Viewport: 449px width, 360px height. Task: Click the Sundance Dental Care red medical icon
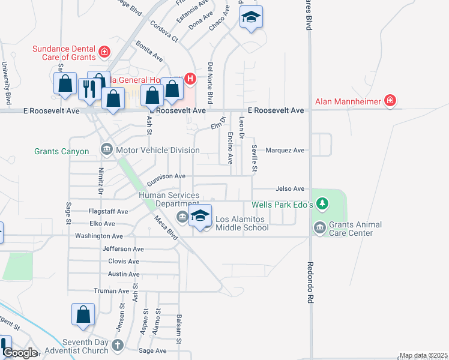104,52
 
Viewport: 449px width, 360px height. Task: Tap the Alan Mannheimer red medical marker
390,100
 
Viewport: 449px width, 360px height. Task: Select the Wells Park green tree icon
323,205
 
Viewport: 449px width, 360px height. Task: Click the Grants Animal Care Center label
355,229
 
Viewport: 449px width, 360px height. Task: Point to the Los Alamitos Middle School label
242,223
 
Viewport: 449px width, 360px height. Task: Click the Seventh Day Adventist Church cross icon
117,345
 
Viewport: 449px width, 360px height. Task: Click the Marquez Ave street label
285,151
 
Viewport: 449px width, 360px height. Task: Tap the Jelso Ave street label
290,188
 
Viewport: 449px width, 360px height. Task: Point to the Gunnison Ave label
166,176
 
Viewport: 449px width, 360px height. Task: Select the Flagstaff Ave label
108,212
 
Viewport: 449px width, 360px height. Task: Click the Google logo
20,353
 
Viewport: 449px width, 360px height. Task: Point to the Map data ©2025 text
423,356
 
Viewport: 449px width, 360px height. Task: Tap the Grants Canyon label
62,152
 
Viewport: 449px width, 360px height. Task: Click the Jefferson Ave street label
123,248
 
